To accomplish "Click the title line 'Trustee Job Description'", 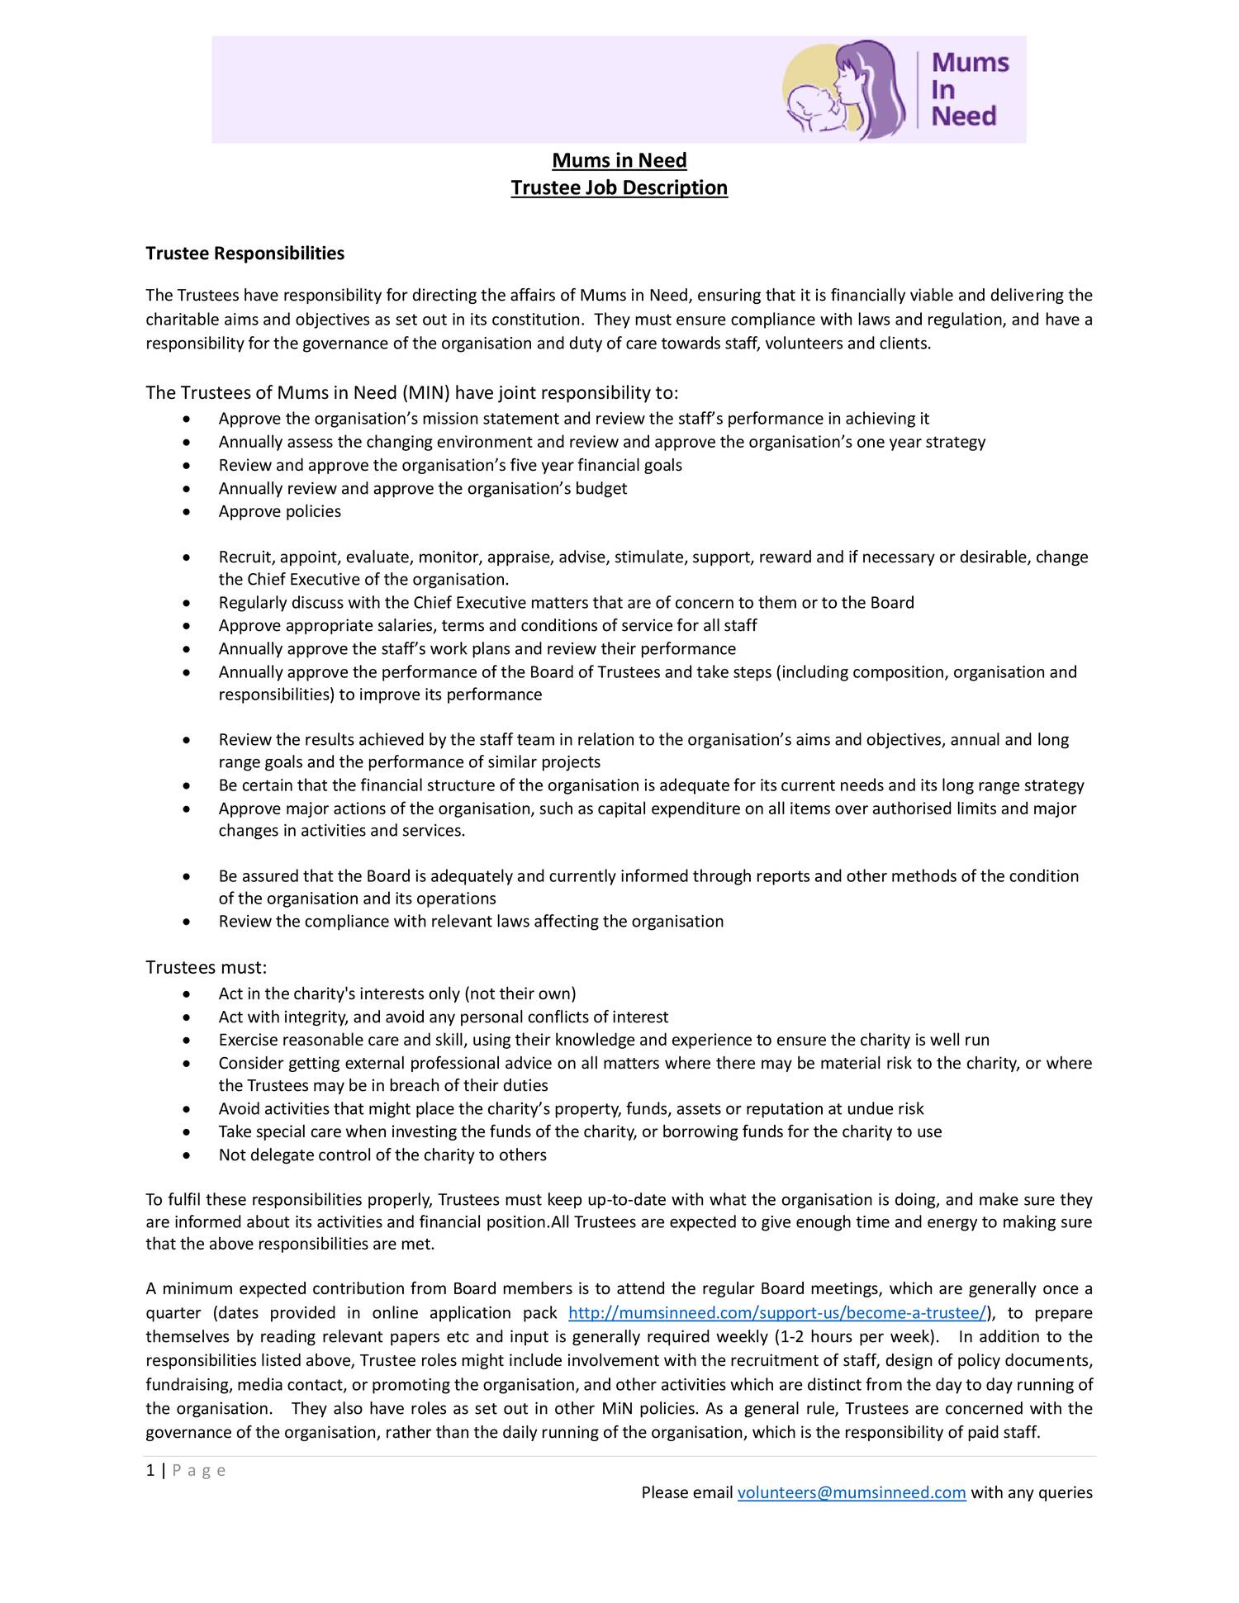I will [619, 187].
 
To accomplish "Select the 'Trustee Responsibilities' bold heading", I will [244, 253].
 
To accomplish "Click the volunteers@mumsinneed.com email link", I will [851, 1492].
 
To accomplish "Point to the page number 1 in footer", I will [150, 1470].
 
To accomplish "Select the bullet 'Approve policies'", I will [279, 511].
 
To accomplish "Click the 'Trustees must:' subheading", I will [206, 966].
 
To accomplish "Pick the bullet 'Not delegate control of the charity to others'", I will [382, 1155].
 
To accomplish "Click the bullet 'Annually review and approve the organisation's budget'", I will [422, 488].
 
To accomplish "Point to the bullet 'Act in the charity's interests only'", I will [396, 994].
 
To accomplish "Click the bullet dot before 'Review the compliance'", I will [189, 922].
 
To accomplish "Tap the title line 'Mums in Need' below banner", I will [619, 160].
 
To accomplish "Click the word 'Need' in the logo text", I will [964, 116].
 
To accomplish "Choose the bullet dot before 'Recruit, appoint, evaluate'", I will [189, 557].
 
